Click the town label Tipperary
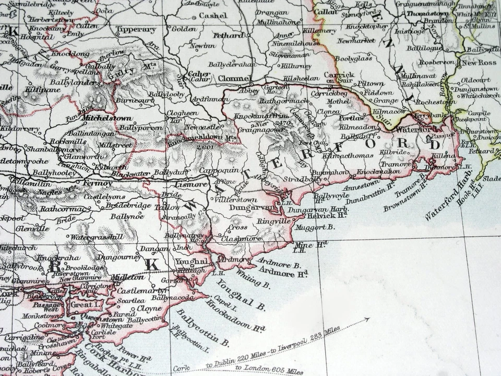coord(137,30)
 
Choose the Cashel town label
coord(212,16)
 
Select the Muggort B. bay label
coord(315,227)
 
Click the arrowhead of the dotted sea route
coord(368,319)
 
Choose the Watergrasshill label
coord(93,238)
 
